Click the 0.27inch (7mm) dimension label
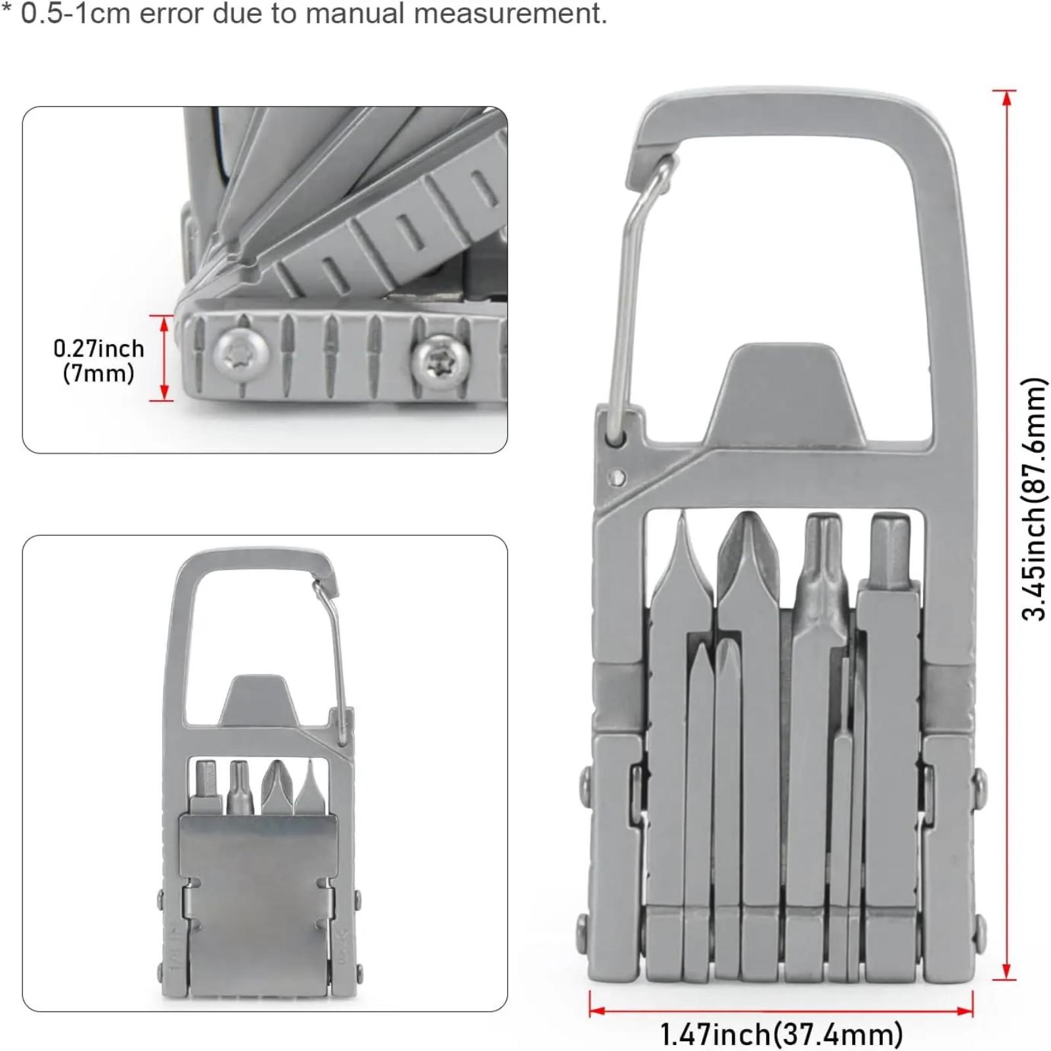99,361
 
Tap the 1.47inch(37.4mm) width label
781,1033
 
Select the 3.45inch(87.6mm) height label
1033,499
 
